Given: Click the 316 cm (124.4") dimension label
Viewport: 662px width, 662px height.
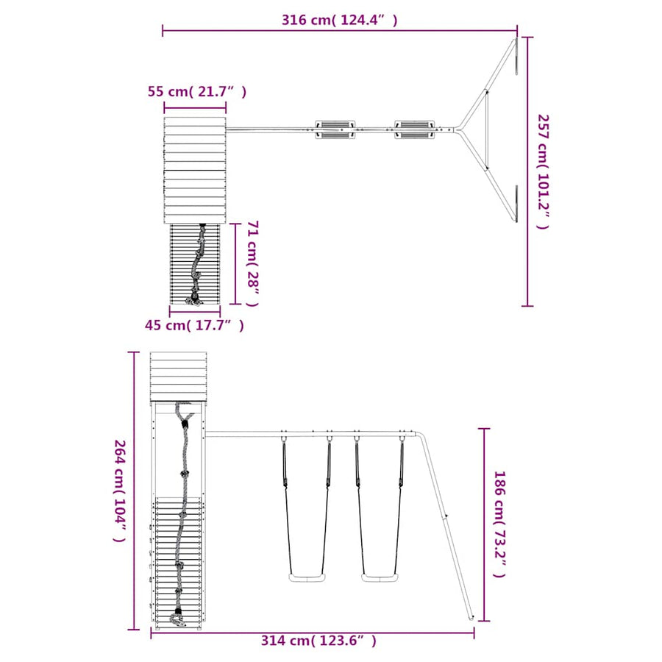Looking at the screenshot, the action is click(x=339, y=20).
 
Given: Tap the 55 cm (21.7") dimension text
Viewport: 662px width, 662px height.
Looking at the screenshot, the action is click(x=196, y=91).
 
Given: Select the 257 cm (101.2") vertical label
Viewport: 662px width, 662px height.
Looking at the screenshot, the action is click(x=543, y=171).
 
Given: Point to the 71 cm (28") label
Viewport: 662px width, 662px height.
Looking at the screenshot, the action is click(x=252, y=263).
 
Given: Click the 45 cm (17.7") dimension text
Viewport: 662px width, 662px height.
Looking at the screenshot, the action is click(x=194, y=325).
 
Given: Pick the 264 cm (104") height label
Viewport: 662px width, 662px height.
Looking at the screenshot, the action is click(x=120, y=491).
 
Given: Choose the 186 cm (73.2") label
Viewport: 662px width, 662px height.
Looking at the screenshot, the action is click(x=499, y=524).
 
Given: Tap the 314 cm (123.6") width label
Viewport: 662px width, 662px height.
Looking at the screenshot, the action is click(x=318, y=641).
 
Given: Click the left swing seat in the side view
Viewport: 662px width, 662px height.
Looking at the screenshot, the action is click(x=307, y=577).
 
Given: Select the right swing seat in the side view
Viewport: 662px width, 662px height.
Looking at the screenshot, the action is click(x=380, y=577).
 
